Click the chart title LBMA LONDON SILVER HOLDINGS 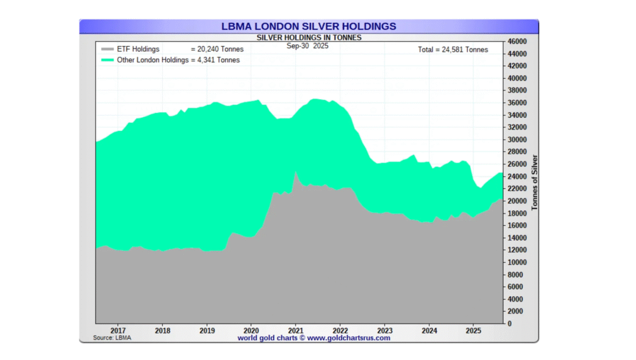[309, 27]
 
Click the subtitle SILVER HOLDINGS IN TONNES [309, 37]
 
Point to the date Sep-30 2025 [307, 45]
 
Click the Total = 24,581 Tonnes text [452, 50]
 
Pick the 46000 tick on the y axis [517, 42]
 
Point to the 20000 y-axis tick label [517, 201]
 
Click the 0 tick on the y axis [509, 323]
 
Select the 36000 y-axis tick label [517, 103]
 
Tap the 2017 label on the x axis [118, 331]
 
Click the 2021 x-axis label [296, 331]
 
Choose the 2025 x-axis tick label [473, 331]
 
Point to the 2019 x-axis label [207, 331]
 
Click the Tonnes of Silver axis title [534, 182]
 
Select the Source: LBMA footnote [112, 338]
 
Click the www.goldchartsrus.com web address [348, 338]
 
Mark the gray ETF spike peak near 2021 [296, 173]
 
